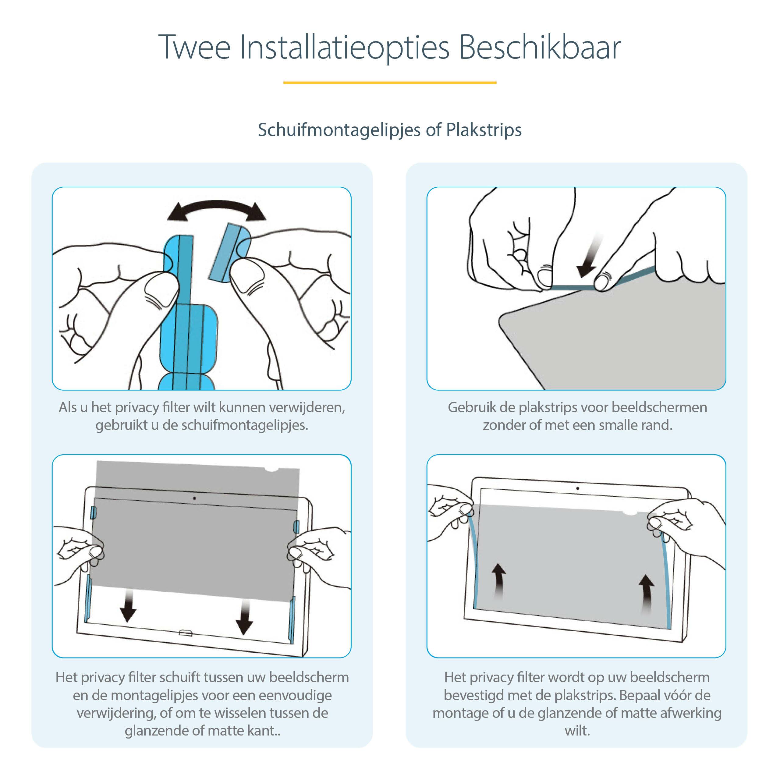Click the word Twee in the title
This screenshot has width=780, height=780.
pos(194,48)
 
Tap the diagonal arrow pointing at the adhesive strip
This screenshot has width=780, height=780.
pos(589,257)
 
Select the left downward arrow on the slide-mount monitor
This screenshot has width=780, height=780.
pos(128,606)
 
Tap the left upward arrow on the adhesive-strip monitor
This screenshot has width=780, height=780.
pos(499,581)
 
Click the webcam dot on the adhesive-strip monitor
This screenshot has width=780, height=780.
pos(577,488)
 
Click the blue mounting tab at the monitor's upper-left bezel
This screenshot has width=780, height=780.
pos(93,513)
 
